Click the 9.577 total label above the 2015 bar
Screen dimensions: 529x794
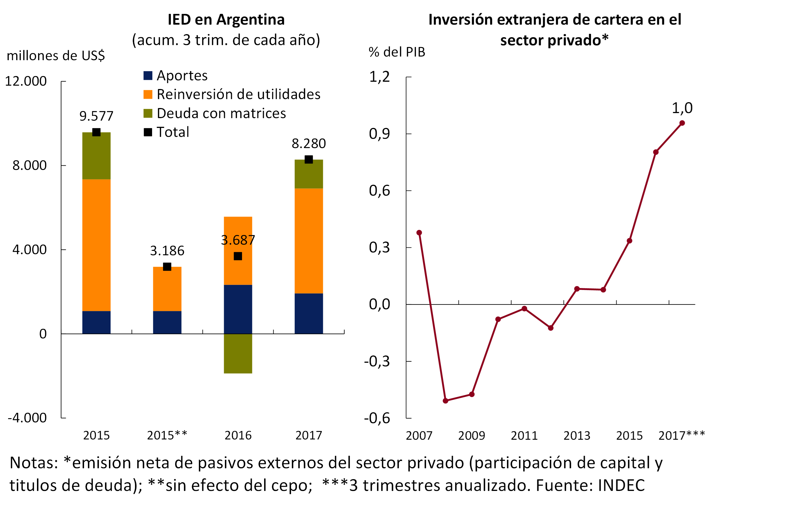point(96,116)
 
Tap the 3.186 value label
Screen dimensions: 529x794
point(167,251)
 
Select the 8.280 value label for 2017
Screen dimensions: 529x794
point(309,144)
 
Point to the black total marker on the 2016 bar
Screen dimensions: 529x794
point(238,256)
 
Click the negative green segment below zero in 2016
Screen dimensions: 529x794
point(238,353)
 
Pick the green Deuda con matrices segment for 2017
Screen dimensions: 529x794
point(309,174)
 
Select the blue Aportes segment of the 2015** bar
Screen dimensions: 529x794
point(167,322)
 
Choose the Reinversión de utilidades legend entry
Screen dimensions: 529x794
point(238,95)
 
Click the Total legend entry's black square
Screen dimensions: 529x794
point(148,132)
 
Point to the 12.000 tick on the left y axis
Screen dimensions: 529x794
point(26,81)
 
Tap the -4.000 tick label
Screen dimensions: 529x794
point(27,418)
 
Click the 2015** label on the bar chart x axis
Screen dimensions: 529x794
point(167,436)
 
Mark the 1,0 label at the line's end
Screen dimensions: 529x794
point(682,108)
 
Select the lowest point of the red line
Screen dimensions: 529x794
point(445,401)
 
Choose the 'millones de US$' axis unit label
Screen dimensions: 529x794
point(56,56)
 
